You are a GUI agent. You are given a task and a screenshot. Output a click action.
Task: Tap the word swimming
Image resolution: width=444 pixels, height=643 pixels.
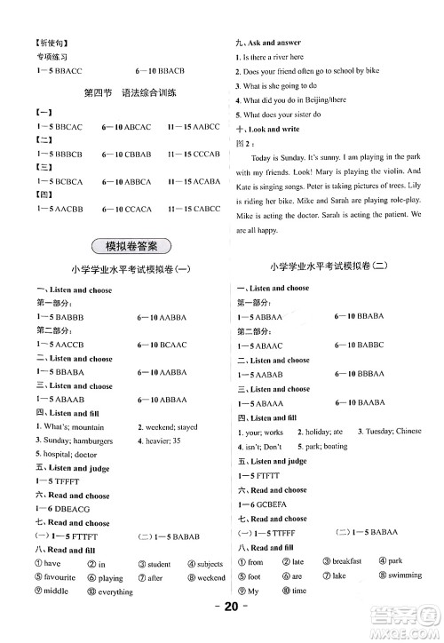(x=406, y=576)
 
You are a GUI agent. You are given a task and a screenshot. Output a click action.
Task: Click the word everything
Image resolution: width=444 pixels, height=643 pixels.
(x=115, y=591)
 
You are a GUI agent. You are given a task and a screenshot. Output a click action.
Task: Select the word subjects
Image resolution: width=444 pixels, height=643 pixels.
(x=210, y=563)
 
